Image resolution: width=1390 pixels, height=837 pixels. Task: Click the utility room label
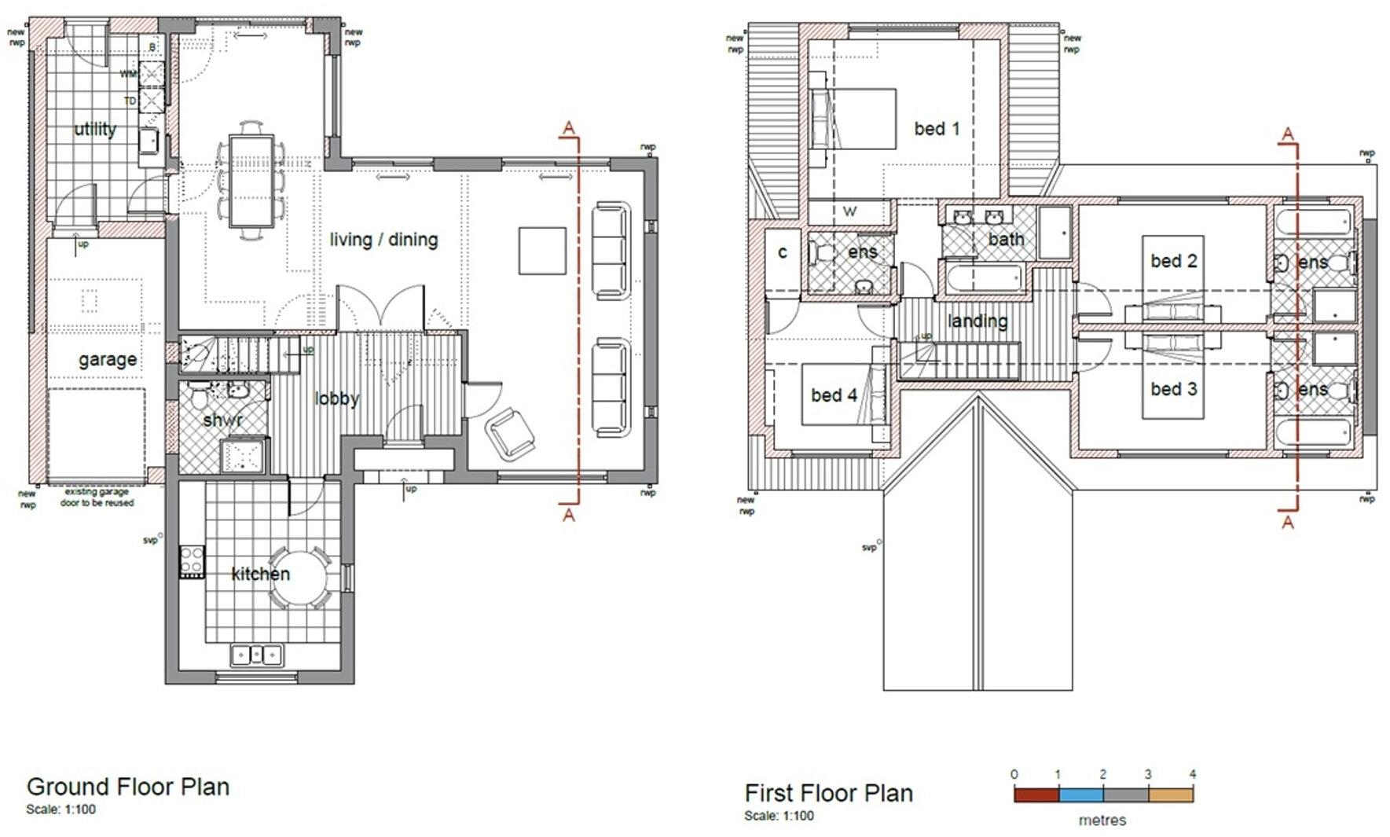coord(95,130)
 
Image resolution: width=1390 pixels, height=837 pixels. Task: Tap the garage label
coord(108,360)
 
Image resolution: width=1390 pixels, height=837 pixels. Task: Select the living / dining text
coord(383,240)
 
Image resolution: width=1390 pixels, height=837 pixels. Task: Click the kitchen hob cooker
coord(192,561)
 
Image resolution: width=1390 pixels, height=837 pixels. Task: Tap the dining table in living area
coord(251,181)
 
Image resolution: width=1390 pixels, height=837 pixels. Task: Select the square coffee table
coord(542,251)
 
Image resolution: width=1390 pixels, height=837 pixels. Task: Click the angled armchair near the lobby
coord(510,433)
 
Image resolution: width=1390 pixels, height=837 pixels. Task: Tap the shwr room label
coord(222,420)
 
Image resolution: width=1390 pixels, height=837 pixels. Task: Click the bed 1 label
coord(937,129)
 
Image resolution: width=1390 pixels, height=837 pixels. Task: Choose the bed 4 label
coord(834,395)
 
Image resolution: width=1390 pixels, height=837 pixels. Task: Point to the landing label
coord(977,321)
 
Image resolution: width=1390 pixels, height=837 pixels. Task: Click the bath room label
coord(1007,239)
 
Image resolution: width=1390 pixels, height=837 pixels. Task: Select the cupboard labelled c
coord(783,252)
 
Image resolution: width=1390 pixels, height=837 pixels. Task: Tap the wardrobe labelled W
coord(849,212)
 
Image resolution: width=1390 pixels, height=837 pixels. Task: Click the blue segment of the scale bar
coord(1080,795)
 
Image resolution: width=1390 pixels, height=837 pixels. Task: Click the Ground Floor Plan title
coord(128,787)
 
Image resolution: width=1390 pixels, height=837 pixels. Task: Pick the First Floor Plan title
coord(828,793)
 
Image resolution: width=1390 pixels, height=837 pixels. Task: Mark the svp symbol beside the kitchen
coord(160,538)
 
